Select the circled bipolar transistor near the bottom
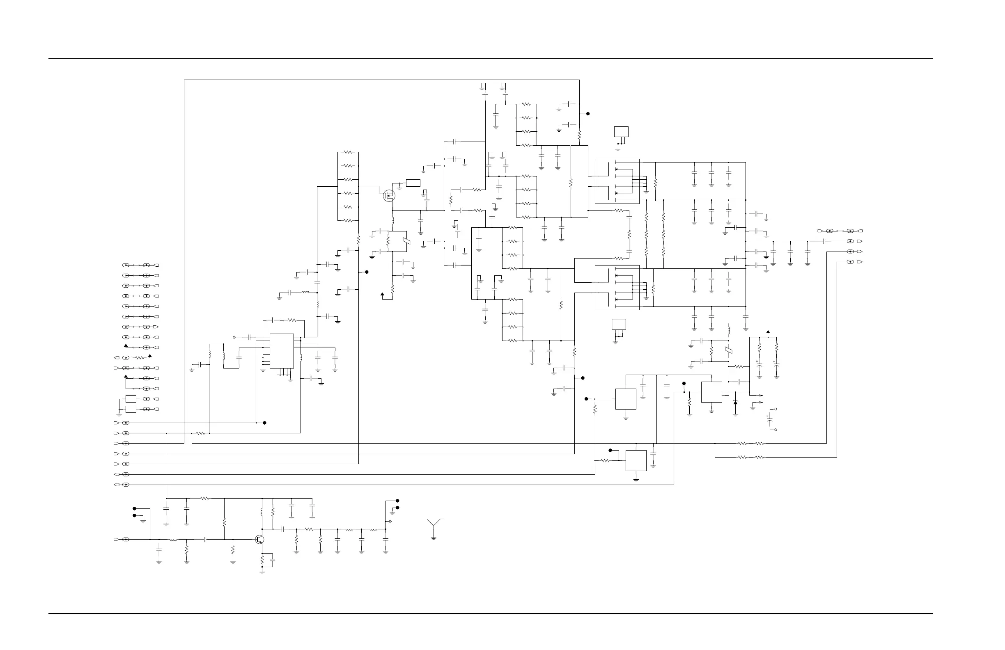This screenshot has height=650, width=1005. [x=260, y=540]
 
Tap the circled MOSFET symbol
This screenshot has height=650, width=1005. [x=389, y=195]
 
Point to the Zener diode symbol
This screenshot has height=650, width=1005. [x=735, y=403]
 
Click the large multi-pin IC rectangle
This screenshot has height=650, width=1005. [x=282, y=351]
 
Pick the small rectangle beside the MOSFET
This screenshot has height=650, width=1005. [x=413, y=183]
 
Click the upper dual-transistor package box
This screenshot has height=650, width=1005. [x=617, y=181]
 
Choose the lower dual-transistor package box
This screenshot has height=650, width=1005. [x=617, y=287]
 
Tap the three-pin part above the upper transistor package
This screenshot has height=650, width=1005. [x=621, y=132]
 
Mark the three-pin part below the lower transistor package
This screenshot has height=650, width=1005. [x=619, y=325]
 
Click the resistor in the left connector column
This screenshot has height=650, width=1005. [x=140, y=358]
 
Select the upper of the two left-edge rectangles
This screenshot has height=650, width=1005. [x=131, y=399]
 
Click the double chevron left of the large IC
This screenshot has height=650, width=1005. [x=235, y=337]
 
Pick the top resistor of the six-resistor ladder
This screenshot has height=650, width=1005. [x=348, y=152]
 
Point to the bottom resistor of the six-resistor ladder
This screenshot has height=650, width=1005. [x=348, y=221]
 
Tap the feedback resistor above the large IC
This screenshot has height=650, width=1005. [x=292, y=320]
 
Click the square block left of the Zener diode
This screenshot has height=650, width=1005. [x=711, y=392]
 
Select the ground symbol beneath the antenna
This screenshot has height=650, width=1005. [x=434, y=538]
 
